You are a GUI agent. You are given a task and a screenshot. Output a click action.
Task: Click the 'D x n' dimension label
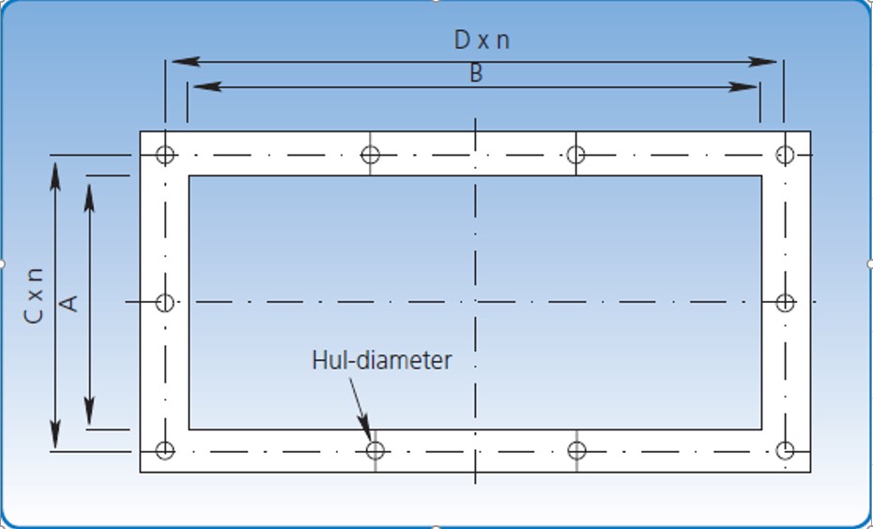(x=482, y=40)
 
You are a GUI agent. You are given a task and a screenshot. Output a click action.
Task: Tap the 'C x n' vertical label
(x=34, y=295)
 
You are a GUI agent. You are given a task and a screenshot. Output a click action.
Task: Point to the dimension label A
(x=67, y=302)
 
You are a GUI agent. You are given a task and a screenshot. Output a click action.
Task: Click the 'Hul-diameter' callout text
(x=381, y=360)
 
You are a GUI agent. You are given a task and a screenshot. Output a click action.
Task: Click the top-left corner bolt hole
(x=165, y=155)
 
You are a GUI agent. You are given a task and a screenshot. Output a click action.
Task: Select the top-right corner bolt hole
(x=785, y=155)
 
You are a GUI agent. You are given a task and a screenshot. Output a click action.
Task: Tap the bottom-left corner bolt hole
(x=165, y=451)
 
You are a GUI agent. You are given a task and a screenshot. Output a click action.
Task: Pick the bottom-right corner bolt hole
(x=785, y=451)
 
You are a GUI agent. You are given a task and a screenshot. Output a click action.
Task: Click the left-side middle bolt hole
(x=165, y=302)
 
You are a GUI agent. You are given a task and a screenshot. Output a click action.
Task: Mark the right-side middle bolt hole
(x=785, y=302)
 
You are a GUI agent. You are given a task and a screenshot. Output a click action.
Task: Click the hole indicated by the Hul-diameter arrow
(x=375, y=451)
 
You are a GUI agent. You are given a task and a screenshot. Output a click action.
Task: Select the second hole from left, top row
(x=371, y=155)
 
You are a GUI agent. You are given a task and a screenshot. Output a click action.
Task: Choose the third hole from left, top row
(x=576, y=155)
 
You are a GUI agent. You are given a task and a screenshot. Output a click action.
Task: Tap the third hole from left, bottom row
(x=576, y=451)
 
